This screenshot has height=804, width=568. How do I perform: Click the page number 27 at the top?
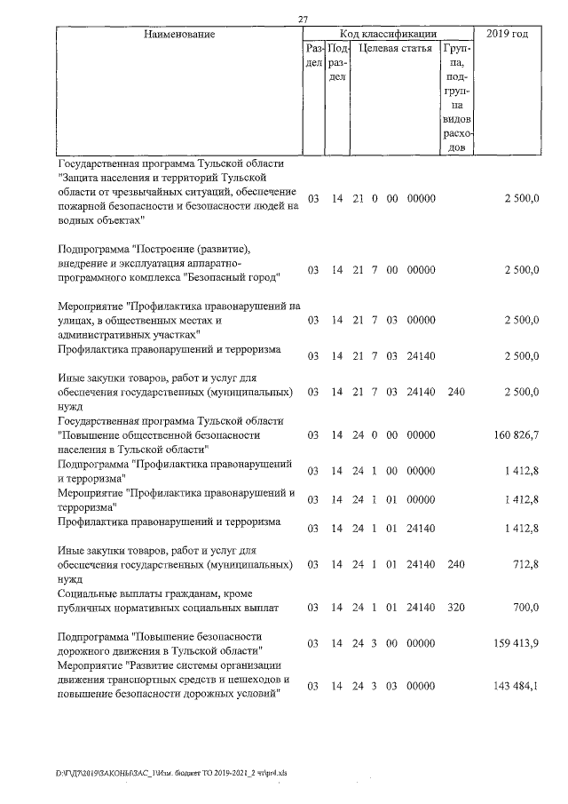coord(304,20)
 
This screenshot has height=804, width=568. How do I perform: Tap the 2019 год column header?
coord(508,34)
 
